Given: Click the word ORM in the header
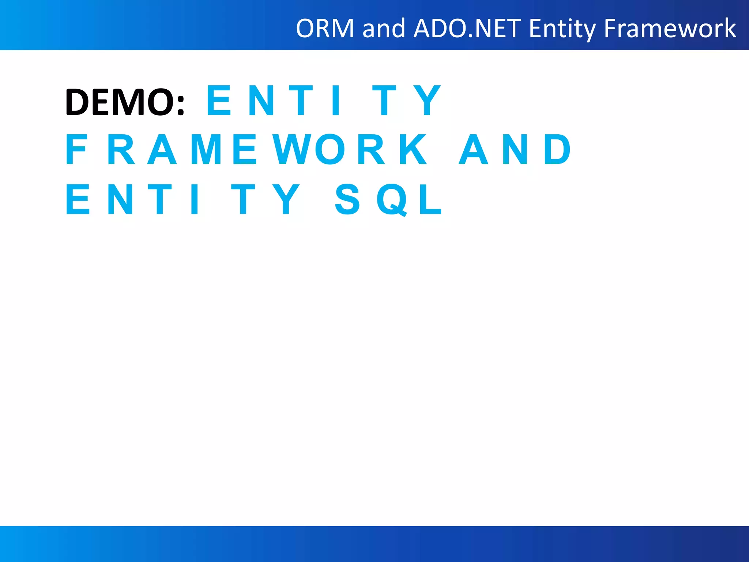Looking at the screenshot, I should [x=325, y=28].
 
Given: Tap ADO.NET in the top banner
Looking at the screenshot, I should [x=467, y=28].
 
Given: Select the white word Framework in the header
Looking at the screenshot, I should [x=670, y=28].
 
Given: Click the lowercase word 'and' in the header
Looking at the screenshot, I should [x=384, y=28].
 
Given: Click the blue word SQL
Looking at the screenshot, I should [x=388, y=199].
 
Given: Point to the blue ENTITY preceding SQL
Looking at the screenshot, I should [x=183, y=199].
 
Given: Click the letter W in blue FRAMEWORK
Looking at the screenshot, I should [x=292, y=149].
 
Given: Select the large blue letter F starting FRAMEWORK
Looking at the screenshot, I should [x=76, y=149].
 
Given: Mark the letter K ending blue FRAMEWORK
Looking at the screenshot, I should [x=413, y=149].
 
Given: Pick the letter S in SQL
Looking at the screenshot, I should [x=347, y=199].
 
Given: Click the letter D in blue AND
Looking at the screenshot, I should [x=557, y=149].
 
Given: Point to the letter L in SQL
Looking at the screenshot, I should [x=430, y=199].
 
